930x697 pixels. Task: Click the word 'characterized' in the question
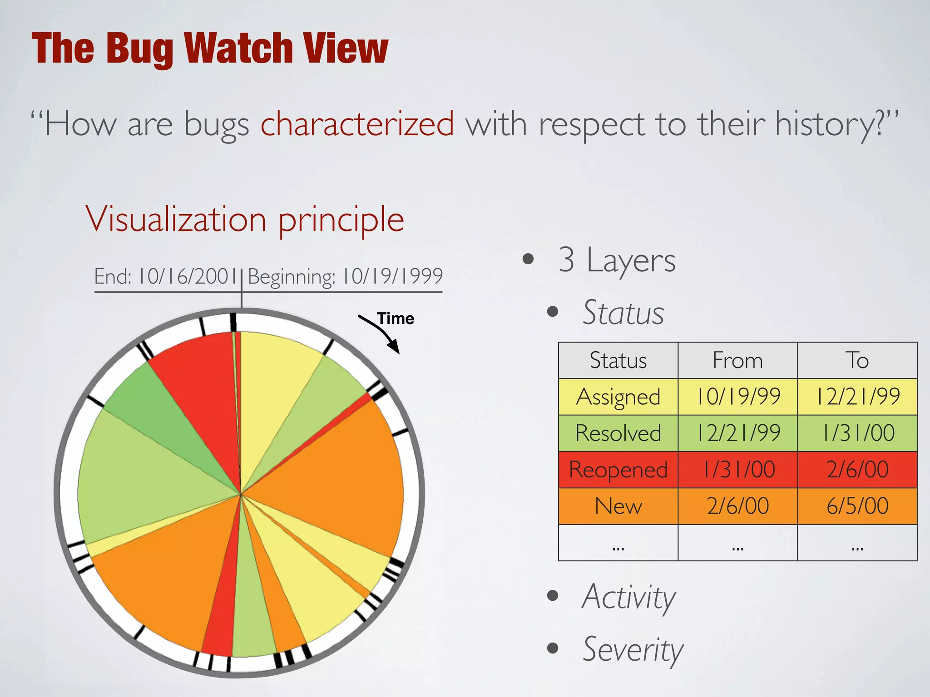coord(357,123)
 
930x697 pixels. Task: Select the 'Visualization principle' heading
coord(245,220)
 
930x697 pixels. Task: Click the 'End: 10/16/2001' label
coord(166,276)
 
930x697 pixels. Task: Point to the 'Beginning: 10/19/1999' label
coord(345,276)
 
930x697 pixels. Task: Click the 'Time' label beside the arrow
coord(396,319)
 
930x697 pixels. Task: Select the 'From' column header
coord(737,360)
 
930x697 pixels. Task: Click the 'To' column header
coord(857,360)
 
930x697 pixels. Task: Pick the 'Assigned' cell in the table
coord(618,397)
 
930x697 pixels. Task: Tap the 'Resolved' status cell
coord(618,433)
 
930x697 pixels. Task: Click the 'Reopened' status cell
coord(618,470)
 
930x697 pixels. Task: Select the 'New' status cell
coord(618,506)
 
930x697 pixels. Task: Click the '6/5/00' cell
coord(857,506)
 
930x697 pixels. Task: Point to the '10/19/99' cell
coord(737,397)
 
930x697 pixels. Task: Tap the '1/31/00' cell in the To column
coord(857,433)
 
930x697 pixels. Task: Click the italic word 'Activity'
coord(629,597)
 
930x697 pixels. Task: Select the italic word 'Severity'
coord(633,650)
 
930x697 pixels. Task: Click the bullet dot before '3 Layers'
coord(528,259)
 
